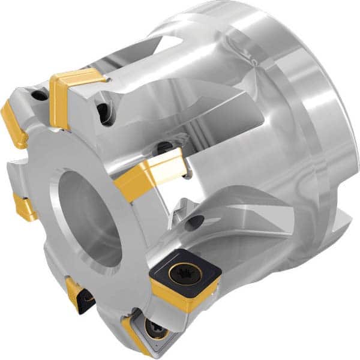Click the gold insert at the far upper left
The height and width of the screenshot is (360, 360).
13,123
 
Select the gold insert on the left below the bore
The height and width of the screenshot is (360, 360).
25,208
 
